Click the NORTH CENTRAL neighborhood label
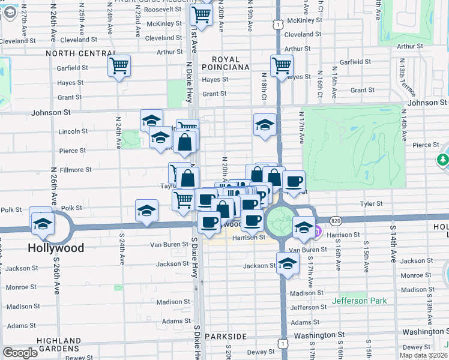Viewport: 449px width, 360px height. pyautogui.click(x=75, y=53)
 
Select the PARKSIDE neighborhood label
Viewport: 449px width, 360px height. pyautogui.click(x=225, y=337)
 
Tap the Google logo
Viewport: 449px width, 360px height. pyautogui.click(x=20, y=353)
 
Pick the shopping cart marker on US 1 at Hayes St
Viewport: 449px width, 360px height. pyautogui.click(x=282, y=65)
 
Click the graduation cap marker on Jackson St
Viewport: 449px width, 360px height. pyautogui.click(x=288, y=263)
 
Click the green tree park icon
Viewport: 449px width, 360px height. pyautogui.click(x=442, y=160)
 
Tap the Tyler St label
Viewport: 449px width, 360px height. pyautogui.click(x=371, y=204)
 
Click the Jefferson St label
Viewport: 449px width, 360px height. pyautogui.click(x=309, y=307)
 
